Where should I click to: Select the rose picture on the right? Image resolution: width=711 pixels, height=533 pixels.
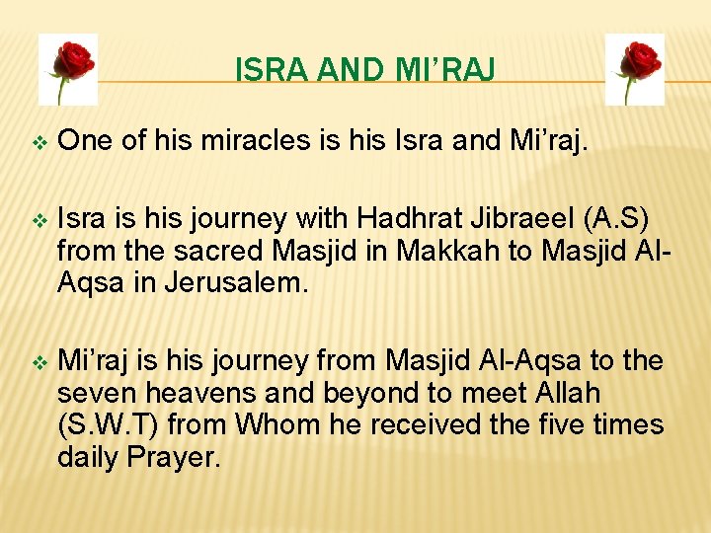click(x=635, y=68)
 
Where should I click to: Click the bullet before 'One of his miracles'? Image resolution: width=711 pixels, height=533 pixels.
click(x=39, y=144)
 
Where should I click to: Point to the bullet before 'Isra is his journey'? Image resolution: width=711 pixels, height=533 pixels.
click(x=39, y=217)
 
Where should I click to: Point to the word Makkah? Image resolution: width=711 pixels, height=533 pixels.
click(x=459, y=251)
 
